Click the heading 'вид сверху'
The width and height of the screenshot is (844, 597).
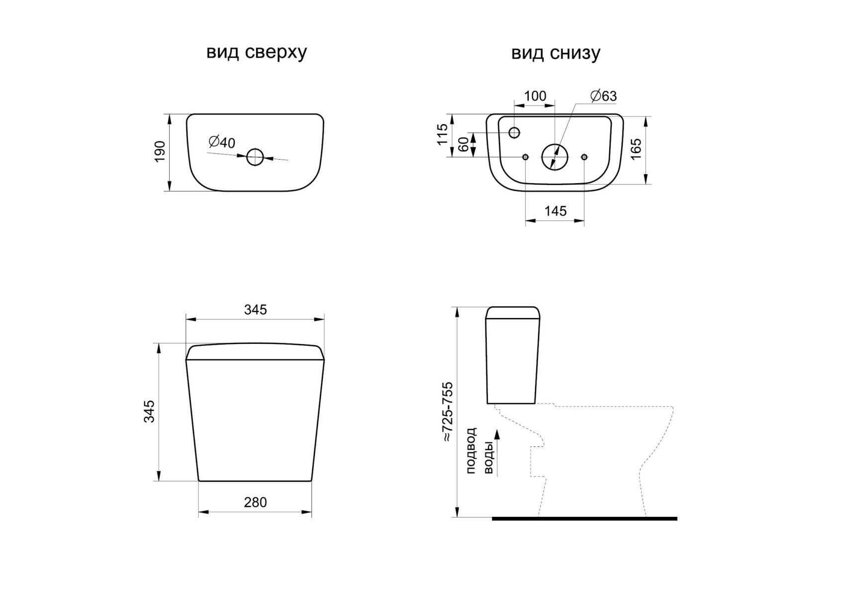tap(256, 53)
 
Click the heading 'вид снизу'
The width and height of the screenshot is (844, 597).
tap(556, 53)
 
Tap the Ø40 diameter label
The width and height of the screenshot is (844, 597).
tap(222, 142)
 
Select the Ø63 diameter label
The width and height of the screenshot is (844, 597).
tap(604, 96)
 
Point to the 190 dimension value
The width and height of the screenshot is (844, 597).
tap(160, 152)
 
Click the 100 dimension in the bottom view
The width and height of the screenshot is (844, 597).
tap(535, 96)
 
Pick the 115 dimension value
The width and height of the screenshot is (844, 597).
tap(442, 134)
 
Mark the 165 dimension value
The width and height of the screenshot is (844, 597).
tap(636, 149)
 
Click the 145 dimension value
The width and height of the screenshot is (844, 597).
tap(556, 211)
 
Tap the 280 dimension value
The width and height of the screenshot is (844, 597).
tap(255, 502)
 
